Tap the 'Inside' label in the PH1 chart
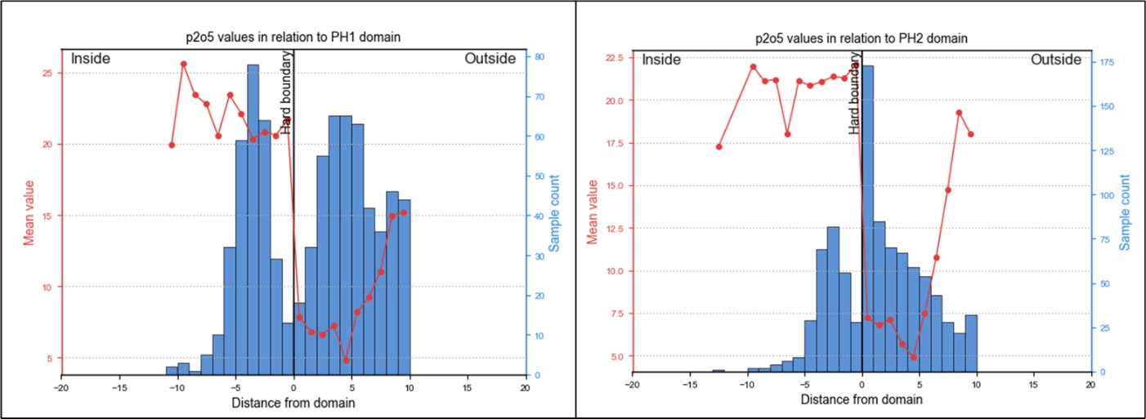(90, 59)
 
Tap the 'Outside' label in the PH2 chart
(1059, 60)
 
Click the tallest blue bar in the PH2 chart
(867, 221)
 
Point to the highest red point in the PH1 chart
(184, 64)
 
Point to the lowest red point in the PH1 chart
(346, 360)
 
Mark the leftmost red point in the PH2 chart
(718, 147)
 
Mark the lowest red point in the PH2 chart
(913, 358)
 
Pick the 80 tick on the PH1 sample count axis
(540, 56)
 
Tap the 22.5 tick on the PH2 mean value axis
(615, 57)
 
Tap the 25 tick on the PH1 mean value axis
(47, 73)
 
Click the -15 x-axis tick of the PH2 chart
(689, 384)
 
